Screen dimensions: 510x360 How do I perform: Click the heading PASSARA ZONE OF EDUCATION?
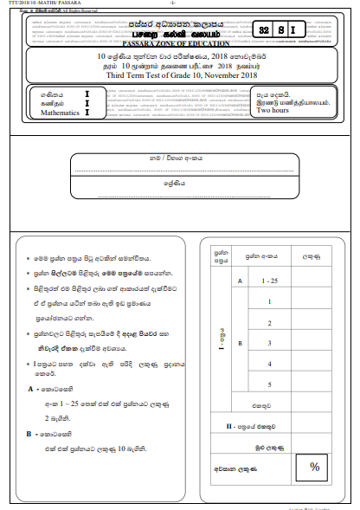click(180, 42)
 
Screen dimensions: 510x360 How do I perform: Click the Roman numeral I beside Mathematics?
click(87, 112)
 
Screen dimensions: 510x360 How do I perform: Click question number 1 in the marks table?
click(271, 301)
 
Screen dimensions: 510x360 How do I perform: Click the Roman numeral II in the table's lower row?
click(228, 426)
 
